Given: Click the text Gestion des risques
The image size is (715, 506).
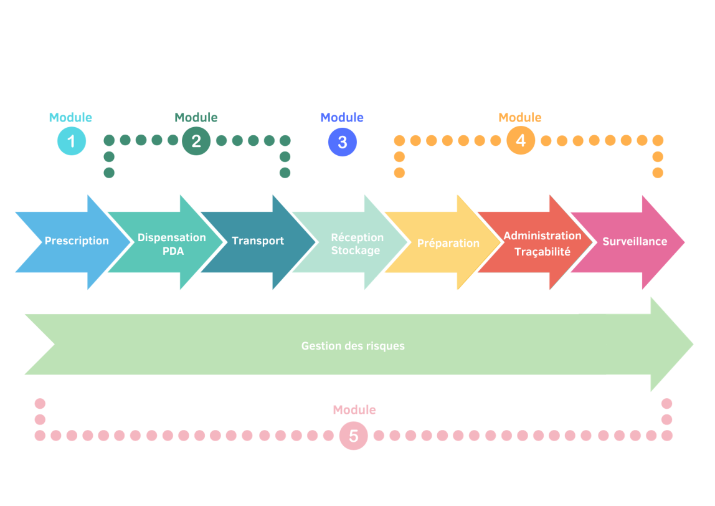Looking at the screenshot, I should tap(353, 346).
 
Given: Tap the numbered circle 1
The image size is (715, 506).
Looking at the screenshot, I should tap(72, 141).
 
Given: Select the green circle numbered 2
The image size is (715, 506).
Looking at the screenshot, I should tap(196, 141).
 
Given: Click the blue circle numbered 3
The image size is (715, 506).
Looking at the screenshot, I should tap(342, 142).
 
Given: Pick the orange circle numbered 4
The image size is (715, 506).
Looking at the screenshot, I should tap(521, 141).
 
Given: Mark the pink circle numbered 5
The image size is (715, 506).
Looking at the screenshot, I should tap(353, 436).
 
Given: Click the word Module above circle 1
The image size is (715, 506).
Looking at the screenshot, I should tap(70, 118).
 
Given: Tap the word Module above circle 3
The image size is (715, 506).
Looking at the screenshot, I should tap(342, 118).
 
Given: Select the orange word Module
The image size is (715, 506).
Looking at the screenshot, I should tap(520, 118).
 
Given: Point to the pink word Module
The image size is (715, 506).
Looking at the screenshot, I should tap(354, 410).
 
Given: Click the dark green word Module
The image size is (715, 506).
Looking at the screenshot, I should tap(196, 118).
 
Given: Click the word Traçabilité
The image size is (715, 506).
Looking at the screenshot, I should tap(542, 252).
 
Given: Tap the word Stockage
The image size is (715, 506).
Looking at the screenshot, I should tap(356, 251).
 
